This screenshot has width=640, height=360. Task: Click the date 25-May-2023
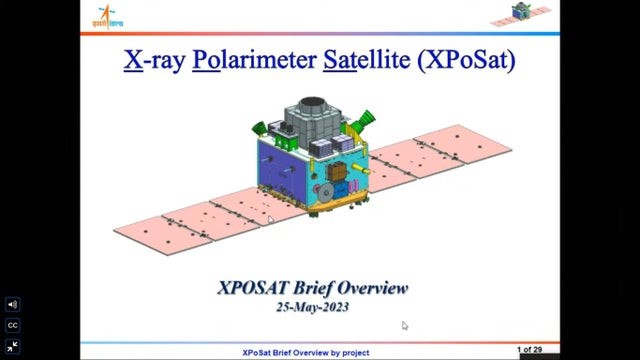[312, 307]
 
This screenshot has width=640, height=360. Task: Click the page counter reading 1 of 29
[530, 349]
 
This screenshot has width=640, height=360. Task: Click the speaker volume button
[13, 304]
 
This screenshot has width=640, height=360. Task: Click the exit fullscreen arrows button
[13, 346]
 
